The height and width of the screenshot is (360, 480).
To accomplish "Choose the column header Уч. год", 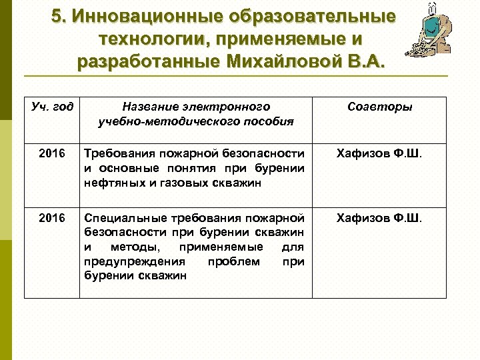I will [52, 107].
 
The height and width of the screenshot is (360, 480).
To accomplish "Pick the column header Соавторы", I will [379, 107].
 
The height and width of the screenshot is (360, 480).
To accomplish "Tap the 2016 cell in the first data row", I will [52, 154].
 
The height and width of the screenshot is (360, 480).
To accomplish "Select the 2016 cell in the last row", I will [52, 218].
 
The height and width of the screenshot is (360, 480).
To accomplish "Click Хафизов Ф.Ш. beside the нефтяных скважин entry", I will [379, 154].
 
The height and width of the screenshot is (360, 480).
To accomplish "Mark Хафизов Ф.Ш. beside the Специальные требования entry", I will [379, 218].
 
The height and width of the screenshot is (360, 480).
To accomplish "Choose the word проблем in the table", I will [233, 261].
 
